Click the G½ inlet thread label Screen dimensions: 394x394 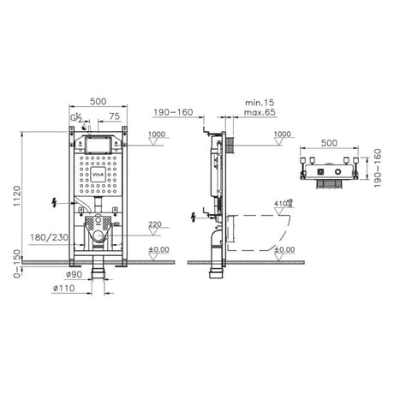coord(76,117)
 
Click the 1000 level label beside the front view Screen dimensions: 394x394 coord(156,134)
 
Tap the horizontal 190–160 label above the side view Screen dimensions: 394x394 coord(173,111)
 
